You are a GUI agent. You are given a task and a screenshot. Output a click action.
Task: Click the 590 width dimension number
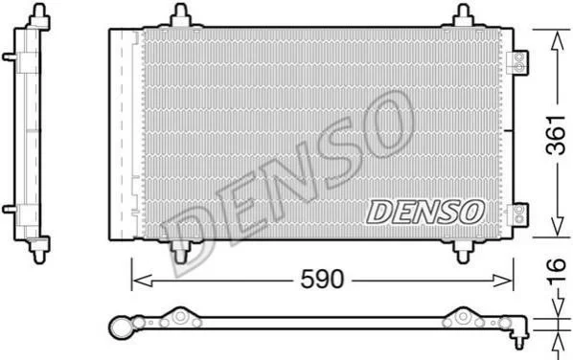tap(322, 280)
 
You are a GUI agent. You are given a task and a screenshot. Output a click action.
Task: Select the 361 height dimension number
tap(556, 135)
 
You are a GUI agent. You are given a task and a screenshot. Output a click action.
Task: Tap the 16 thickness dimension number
tap(556, 271)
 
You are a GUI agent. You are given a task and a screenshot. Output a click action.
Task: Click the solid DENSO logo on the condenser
tap(425, 212)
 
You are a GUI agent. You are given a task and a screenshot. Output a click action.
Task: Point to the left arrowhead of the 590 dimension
tap(142, 281)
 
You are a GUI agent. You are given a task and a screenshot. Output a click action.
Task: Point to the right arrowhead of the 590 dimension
tap(503, 281)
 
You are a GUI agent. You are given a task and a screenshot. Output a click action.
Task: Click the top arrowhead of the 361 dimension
tap(557, 41)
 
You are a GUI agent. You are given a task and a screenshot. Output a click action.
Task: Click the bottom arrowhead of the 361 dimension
tap(557, 226)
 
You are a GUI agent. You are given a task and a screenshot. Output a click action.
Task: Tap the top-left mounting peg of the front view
tap(181, 15)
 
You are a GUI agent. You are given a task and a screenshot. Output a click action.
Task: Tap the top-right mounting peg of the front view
tap(464, 15)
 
